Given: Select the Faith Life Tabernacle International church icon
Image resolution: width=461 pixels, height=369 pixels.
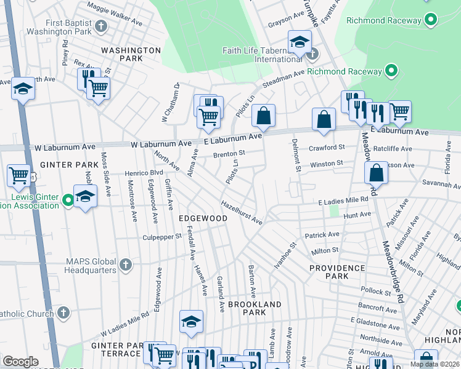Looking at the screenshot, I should [312, 54].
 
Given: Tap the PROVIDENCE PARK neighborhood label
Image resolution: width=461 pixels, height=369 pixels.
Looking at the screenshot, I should [337, 272].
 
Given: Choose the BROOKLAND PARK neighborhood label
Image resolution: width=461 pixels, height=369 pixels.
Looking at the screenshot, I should [255, 308].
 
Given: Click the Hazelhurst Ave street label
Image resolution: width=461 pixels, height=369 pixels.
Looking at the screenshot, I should [242, 212].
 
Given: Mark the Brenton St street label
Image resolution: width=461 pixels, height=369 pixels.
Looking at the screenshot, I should [229, 154].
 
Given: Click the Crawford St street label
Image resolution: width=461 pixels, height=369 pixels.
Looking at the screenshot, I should [327, 148].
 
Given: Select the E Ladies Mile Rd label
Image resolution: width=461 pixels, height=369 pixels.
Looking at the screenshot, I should [343, 201].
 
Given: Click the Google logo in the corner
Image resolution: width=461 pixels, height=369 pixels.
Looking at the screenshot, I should [20, 362].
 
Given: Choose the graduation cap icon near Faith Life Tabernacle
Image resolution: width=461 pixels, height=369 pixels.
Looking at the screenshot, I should [300, 42].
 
